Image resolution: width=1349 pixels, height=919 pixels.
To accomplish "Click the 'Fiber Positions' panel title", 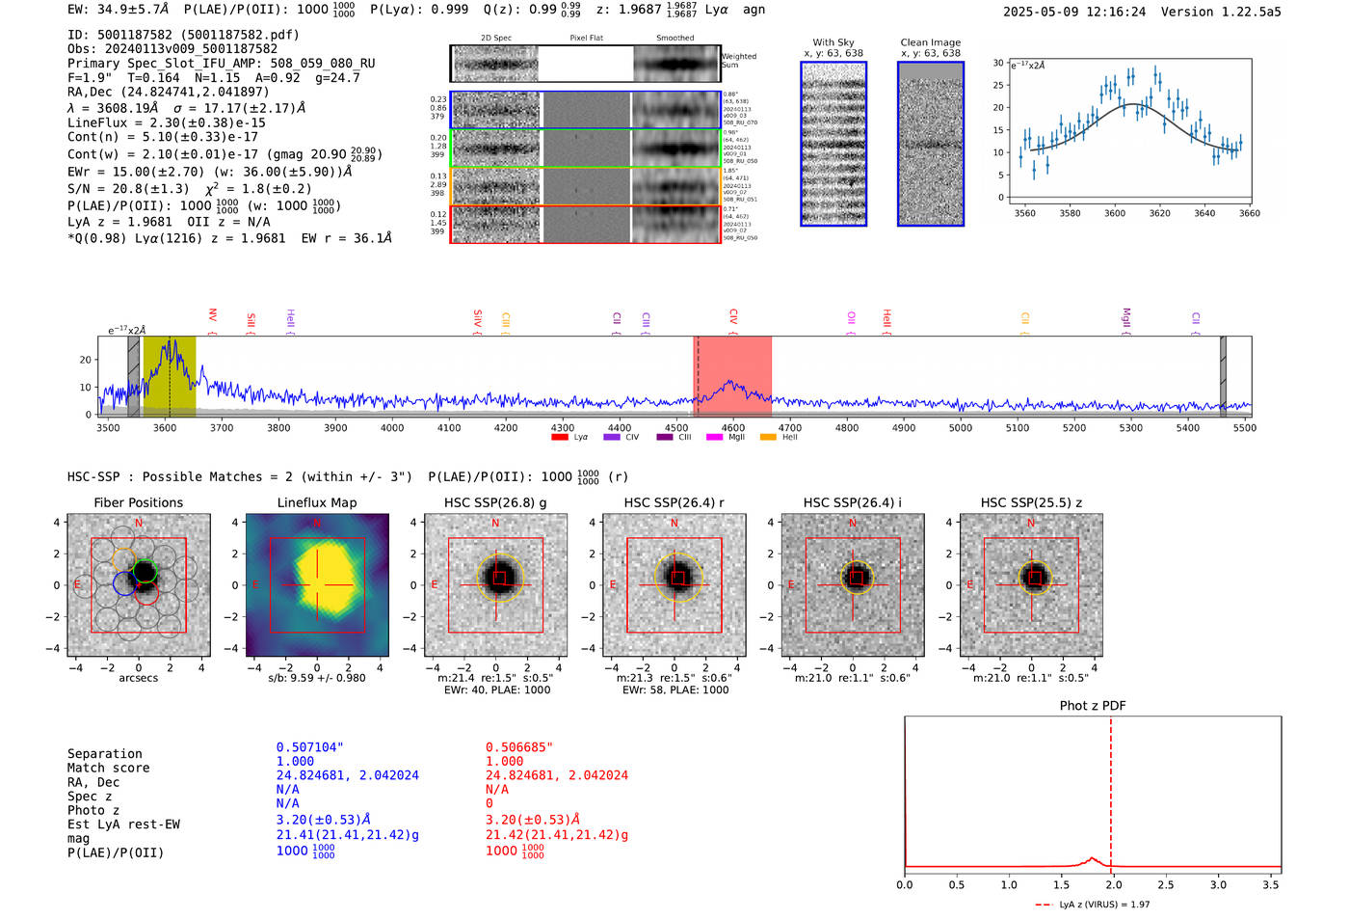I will (138, 502).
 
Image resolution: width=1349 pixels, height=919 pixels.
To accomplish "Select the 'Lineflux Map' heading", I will (316, 502).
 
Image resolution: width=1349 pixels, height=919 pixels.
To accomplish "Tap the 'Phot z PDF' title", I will (1092, 706).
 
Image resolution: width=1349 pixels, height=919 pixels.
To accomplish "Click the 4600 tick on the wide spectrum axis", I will (732, 427).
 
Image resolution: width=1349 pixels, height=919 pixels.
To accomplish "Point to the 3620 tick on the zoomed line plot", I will (1159, 213).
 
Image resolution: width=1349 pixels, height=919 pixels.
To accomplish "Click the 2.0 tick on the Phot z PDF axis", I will (1113, 884).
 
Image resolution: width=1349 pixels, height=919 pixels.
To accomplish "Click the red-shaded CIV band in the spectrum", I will (732, 376).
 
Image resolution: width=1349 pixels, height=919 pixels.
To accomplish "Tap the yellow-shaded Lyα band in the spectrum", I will (170, 376).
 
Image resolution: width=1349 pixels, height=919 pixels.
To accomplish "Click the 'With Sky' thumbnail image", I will (833, 145).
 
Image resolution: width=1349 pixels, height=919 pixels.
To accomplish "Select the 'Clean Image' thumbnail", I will (930, 145).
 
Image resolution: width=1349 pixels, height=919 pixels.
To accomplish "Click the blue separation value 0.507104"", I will (309, 747).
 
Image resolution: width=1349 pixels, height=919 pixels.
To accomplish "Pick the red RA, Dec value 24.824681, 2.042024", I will (556, 775).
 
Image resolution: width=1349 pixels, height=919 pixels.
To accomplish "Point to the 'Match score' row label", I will (108, 768).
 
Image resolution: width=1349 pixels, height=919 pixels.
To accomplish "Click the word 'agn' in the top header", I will (754, 10).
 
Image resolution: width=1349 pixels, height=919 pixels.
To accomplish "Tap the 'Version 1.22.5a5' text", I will (1221, 12).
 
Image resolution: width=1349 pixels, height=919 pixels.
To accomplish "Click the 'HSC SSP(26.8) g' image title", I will (495, 502).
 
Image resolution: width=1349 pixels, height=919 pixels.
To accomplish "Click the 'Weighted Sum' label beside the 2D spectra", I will (738, 60).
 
